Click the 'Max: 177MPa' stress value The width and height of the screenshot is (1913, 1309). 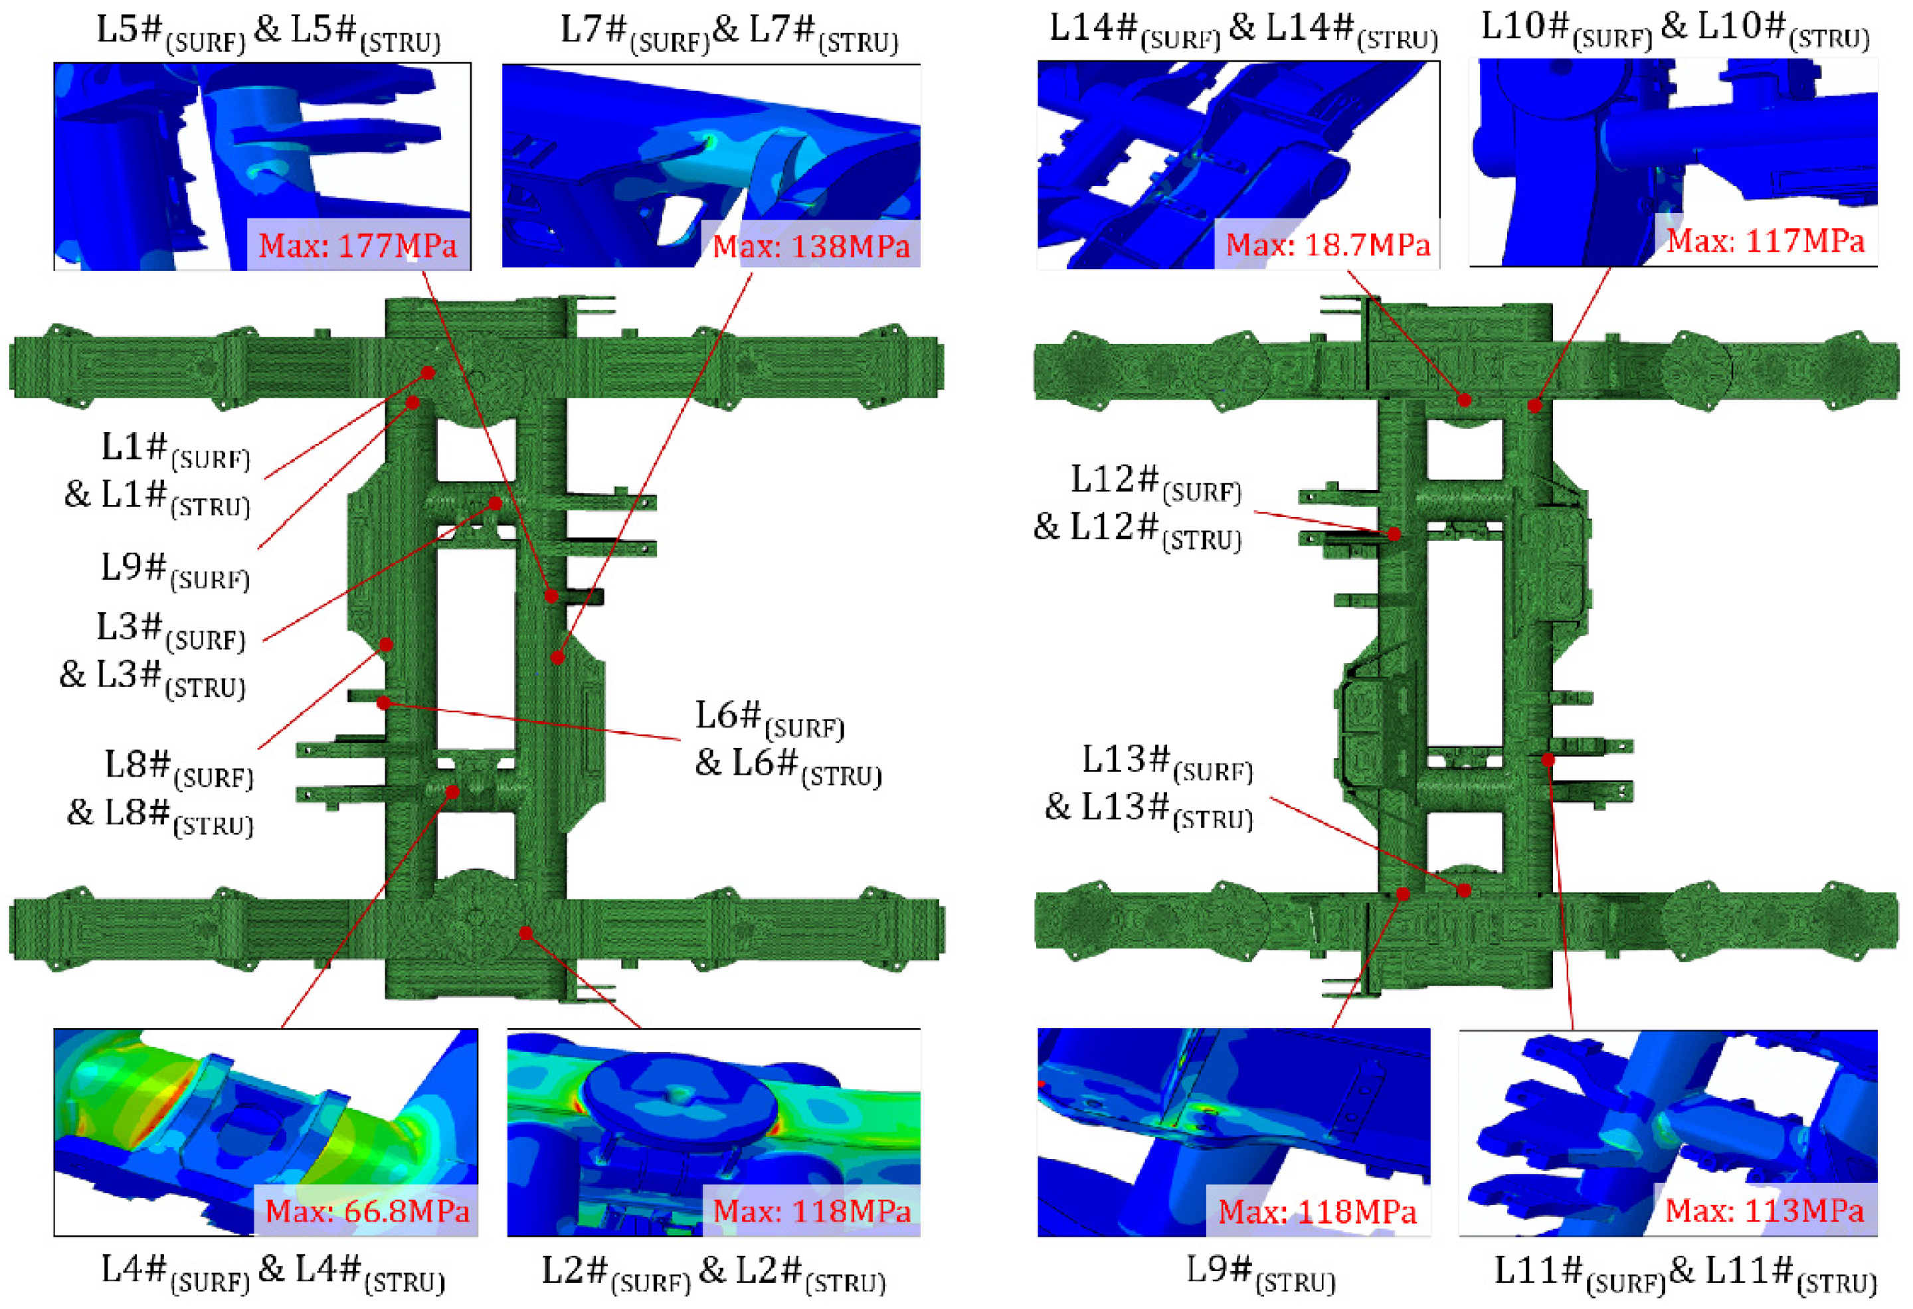click(357, 246)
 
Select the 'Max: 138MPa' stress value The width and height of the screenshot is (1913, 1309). click(811, 246)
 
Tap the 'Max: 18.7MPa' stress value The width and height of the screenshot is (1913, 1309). click(1328, 244)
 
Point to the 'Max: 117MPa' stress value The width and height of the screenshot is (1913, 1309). click(1765, 241)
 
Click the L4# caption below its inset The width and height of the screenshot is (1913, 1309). click(272, 1274)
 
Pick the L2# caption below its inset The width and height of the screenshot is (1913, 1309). click(713, 1274)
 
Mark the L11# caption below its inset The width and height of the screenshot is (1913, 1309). click(1685, 1274)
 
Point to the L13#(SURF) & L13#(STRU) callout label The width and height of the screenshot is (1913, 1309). click(1149, 787)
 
